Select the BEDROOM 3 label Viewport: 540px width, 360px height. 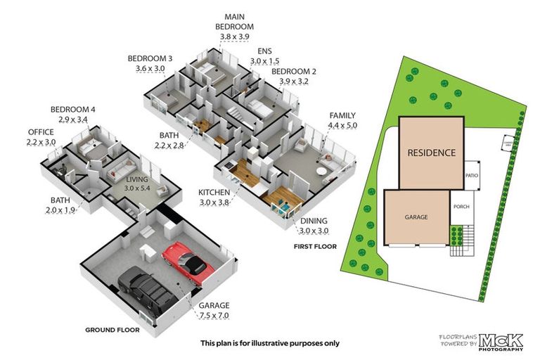(x=150, y=63)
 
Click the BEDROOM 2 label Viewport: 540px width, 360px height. (x=294, y=76)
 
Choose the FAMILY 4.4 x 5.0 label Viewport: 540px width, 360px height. (x=342, y=120)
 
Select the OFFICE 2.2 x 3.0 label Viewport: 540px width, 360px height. (x=41, y=137)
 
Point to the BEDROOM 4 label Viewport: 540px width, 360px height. (x=72, y=115)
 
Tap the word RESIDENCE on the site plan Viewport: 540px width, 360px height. (x=432, y=153)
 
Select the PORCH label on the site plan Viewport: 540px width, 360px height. (x=462, y=206)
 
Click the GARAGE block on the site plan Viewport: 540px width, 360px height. (x=416, y=218)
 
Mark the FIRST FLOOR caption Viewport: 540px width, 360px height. (x=314, y=247)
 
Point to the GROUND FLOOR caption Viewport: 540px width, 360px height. (x=112, y=329)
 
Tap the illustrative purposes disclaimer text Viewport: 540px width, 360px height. (x=269, y=343)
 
